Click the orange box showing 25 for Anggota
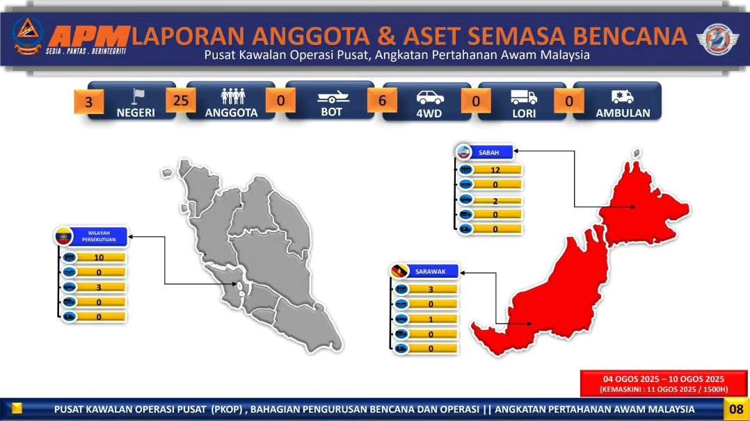(181, 101)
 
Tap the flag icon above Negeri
(138, 97)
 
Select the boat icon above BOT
(333, 97)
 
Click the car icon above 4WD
(429, 97)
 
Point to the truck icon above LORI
(524, 97)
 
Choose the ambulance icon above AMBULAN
(622, 97)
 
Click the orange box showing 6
(382, 101)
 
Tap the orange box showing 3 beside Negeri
(88, 102)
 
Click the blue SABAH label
(488, 152)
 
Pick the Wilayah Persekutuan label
(98, 236)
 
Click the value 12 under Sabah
(495, 170)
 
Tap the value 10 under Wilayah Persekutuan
(99, 258)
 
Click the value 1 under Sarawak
(431, 319)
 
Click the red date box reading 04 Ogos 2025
(664, 383)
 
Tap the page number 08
(736, 409)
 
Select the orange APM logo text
(88, 36)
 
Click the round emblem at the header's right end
(717, 39)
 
